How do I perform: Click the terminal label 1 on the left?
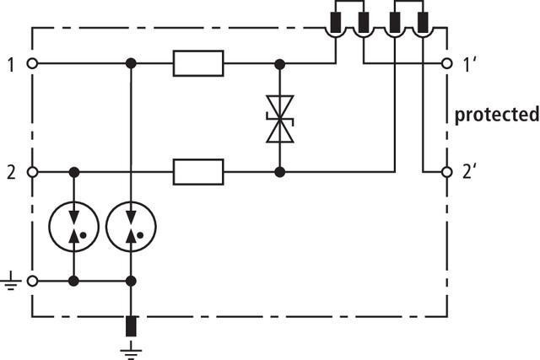point(10,63)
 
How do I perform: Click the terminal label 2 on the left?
point(10,172)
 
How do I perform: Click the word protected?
point(496,115)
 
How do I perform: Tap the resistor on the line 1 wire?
point(198,63)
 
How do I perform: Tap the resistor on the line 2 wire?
point(198,172)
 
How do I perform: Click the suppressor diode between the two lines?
point(279,118)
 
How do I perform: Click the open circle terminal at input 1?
point(32,63)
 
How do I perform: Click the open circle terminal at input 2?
point(32,172)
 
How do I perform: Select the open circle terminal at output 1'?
point(447,63)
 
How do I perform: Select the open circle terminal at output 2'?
point(447,172)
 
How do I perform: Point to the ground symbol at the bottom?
point(131,347)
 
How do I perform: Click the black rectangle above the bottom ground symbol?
point(131,325)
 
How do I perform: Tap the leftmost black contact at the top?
point(336,21)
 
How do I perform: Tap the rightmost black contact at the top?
point(421,21)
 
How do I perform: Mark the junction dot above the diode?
point(279,63)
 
